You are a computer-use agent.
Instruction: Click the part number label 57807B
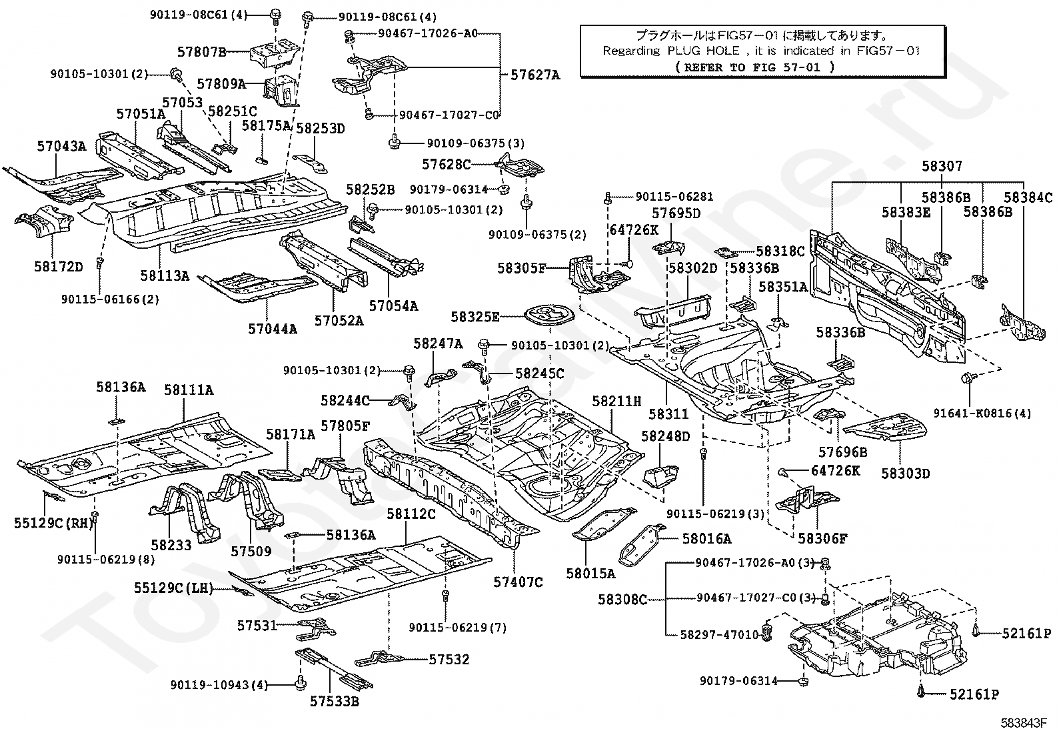coord(202,51)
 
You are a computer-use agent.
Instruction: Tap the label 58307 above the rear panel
coord(942,166)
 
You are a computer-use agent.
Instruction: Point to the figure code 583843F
coord(1023,723)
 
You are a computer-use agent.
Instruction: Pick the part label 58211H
coord(616,401)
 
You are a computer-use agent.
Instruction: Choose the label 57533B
coord(335,701)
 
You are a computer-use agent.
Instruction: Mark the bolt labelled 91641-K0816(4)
coord(968,378)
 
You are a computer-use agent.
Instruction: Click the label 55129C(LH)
coord(174,588)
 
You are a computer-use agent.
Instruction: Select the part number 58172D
coord(58,267)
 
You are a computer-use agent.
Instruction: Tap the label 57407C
coord(519,582)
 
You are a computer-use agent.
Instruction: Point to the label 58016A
coord(706,539)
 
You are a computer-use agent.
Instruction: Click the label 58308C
coord(622,600)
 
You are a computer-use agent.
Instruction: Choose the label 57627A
coord(535,75)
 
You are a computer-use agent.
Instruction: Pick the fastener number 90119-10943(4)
coord(219,685)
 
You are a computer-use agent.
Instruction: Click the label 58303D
coord(906,474)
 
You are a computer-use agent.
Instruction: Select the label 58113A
coord(165,275)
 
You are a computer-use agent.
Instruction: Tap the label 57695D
coord(676,213)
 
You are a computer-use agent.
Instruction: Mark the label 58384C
coord(1028,197)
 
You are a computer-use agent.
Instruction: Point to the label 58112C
coord(411,514)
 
